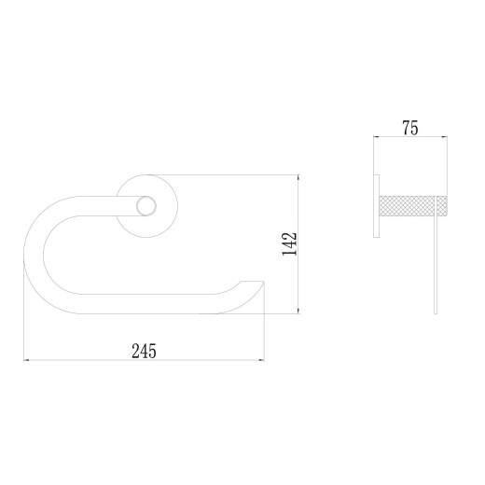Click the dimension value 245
(144, 351)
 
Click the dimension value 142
(289, 244)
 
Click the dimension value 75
(410, 128)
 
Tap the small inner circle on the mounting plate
(146, 206)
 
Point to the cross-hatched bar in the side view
(413, 205)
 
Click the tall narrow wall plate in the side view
(376, 206)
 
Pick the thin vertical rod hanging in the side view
(436, 255)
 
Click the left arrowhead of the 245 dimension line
(26, 360)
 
